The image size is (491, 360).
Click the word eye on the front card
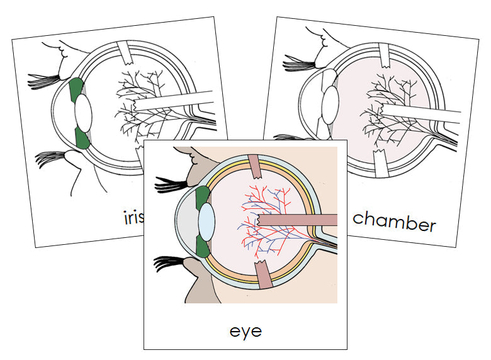(x=245, y=330)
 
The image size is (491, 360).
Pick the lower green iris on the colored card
(x=203, y=246)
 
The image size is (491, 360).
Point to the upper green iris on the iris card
(x=77, y=91)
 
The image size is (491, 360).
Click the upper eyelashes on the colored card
(x=171, y=183)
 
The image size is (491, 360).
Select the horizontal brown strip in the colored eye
(x=296, y=220)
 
